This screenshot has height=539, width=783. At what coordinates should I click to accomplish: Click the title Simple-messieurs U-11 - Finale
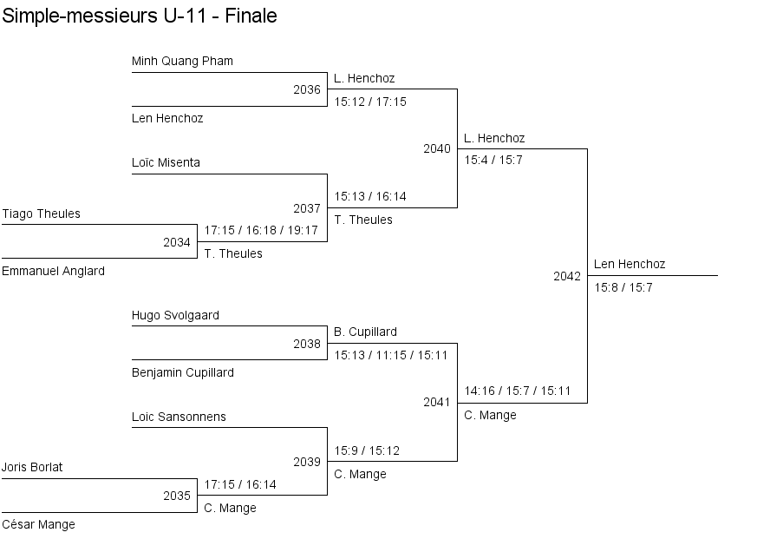click(x=140, y=16)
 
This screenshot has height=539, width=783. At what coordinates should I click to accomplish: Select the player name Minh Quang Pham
click(x=182, y=61)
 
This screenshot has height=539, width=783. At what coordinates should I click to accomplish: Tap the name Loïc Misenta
click(x=166, y=162)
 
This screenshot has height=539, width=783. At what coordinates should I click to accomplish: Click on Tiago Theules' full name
click(x=41, y=214)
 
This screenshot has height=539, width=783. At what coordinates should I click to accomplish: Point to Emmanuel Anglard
click(x=53, y=271)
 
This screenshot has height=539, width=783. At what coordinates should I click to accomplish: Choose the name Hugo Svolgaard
click(x=175, y=315)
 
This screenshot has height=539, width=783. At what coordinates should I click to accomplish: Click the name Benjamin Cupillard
click(x=183, y=372)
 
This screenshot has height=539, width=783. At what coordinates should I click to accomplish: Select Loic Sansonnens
click(x=179, y=417)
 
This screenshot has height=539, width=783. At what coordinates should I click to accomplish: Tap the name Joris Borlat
click(x=32, y=467)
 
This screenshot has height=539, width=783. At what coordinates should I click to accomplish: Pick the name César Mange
click(x=38, y=524)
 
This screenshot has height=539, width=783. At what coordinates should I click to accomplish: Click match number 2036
click(x=307, y=89)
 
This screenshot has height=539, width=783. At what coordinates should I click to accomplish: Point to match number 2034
click(x=177, y=242)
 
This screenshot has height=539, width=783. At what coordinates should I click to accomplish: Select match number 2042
click(x=567, y=276)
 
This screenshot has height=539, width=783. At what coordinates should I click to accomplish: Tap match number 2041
click(x=437, y=402)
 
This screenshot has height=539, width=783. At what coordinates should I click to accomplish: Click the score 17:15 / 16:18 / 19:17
click(x=261, y=231)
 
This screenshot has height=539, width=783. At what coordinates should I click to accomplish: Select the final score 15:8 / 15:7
click(x=623, y=287)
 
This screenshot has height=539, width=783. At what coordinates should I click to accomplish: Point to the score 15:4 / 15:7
click(x=493, y=160)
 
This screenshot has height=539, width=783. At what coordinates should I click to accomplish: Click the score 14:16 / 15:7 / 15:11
click(x=518, y=391)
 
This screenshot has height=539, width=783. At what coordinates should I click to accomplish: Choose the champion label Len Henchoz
click(x=630, y=264)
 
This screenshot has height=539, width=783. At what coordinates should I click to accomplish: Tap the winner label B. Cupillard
click(x=365, y=332)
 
